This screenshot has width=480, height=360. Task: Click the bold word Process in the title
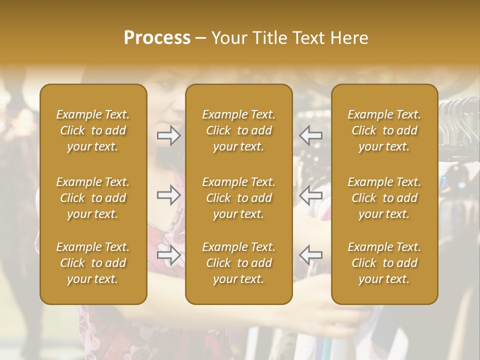click(157, 38)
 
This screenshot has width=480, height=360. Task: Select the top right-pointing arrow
click(168, 135)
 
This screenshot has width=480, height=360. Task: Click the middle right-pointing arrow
click(168, 195)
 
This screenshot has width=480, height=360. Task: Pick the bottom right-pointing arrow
click(168, 255)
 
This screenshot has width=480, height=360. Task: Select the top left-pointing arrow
click(311, 135)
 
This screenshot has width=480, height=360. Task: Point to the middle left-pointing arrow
click(311, 195)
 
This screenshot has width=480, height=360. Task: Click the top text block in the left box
click(93, 130)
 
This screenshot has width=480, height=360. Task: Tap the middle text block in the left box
click(93, 198)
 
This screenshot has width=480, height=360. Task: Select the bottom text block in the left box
click(93, 263)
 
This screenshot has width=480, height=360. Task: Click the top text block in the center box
click(239, 130)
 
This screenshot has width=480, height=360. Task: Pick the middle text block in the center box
click(239, 198)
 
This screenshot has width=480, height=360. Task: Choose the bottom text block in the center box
click(239, 263)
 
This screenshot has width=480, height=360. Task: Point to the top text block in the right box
click(384, 130)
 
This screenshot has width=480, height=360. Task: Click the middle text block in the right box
click(384, 198)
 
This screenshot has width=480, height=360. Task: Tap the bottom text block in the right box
click(384, 263)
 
